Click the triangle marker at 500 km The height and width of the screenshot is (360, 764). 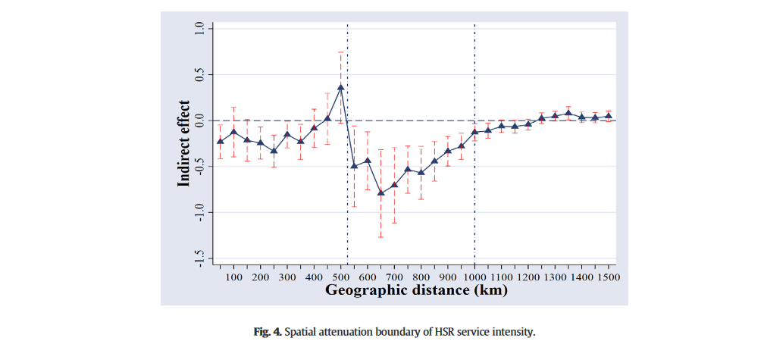pyautogui.click(x=341, y=87)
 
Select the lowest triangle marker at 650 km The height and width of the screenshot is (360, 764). pyautogui.click(x=381, y=193)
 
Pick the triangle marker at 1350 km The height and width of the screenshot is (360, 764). pyautogui.click(x=568, y=114)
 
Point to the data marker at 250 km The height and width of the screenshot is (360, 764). pyautogui.click(x=274, y=151)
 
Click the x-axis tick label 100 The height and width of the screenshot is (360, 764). pyautogui.click(x=233, y=277)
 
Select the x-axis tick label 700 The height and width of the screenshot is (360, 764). pyautogui.click(x=395, y=277)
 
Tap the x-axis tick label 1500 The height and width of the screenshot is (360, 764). pyautogui.click(x=609, y=277)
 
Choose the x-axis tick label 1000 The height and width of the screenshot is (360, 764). pyautogui.click(x=474, y=277)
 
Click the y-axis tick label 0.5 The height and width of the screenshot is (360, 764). pyautogui.click(x=200, y=74)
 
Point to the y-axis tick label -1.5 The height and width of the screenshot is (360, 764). pyautogui.click(x=200, y=258)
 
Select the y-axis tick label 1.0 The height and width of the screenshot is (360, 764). pyautogui.click(x=200, y=28)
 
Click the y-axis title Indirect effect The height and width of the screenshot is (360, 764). pyautogui.click(x=184, y=144)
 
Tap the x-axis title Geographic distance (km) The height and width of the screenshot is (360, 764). pyautogui.click(x=417, y=290)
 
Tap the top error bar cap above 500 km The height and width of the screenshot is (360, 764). pyautogui.click(x=341, y=52)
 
